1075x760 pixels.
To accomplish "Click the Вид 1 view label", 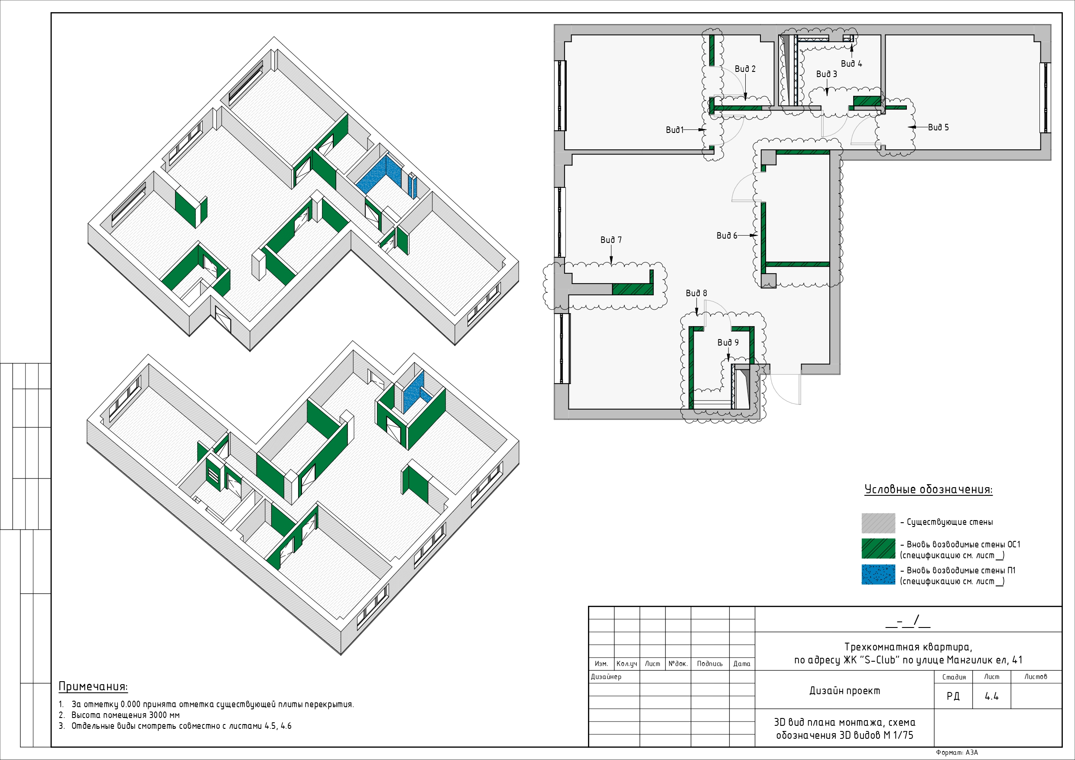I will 675,129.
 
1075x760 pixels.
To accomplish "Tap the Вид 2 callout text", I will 745,69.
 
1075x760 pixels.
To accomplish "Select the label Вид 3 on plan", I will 826,74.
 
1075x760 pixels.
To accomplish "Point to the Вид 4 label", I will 851,64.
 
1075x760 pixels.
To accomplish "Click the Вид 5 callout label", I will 938,127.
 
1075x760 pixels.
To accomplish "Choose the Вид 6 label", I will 727,236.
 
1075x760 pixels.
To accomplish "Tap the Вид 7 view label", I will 611,239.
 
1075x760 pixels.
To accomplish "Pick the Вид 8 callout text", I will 696,293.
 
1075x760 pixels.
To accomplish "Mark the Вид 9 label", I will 728,343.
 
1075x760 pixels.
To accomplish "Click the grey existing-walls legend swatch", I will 878,523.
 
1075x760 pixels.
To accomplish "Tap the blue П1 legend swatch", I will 878,574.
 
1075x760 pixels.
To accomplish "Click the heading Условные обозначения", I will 928,489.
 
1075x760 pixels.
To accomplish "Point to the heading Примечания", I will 93,686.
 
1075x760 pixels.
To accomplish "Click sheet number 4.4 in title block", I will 991,696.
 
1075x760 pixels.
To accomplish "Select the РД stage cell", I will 953,696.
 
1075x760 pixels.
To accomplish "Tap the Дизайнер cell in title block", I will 606,677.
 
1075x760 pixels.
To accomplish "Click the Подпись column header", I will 709,663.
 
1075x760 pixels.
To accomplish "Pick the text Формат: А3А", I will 957,753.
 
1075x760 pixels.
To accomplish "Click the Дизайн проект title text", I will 844,691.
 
